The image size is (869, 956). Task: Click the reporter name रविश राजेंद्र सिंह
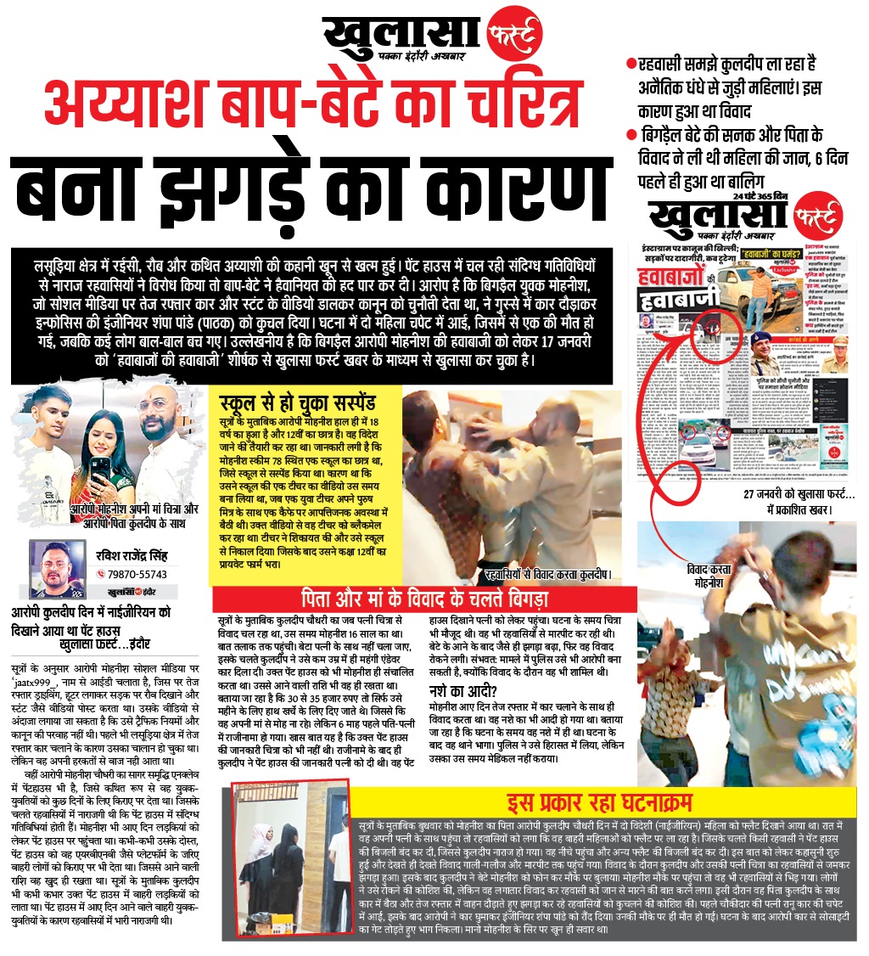coord(137,556)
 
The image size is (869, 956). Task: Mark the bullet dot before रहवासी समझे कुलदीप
coord(631,64)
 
